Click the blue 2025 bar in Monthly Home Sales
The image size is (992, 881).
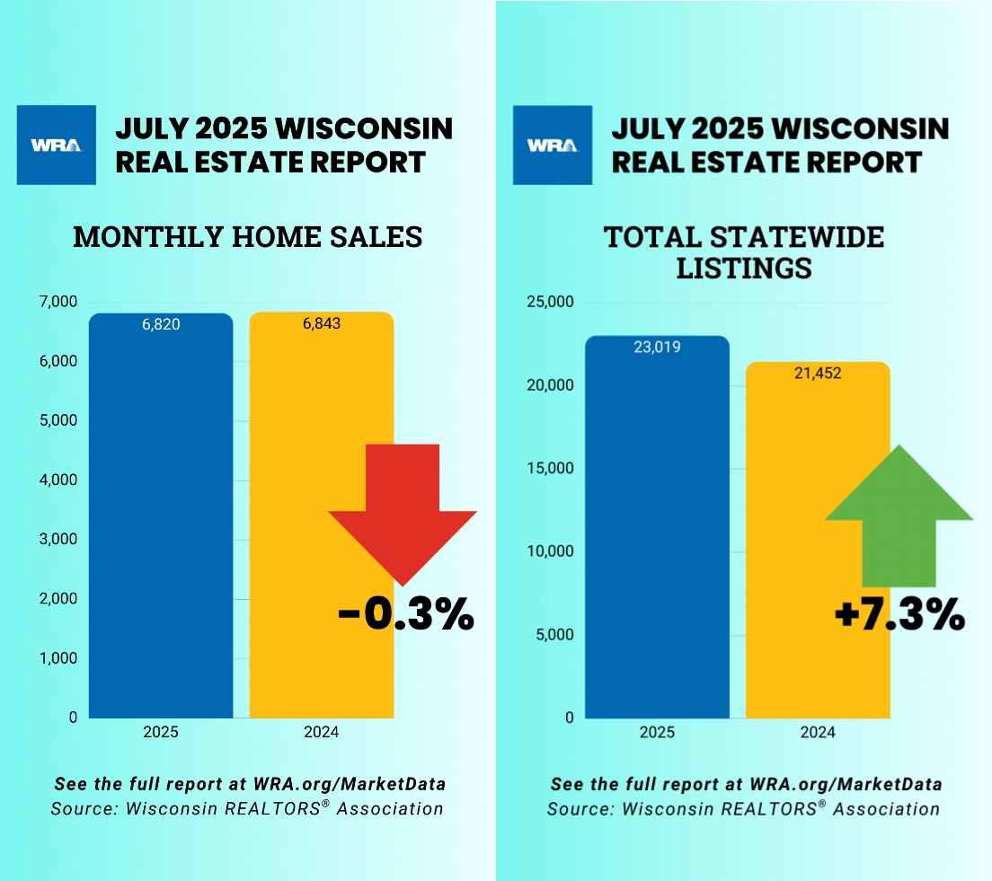click(161, 521)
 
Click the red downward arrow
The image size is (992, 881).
click(403, 512)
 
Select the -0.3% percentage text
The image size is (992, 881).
click(405, 616)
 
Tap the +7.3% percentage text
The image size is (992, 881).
click(899, 616)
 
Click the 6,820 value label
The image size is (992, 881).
click(161, 324)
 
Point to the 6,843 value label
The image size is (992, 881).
click(322, 323)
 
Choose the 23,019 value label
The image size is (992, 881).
click(657, 347)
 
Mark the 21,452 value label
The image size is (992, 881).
click(818, 373)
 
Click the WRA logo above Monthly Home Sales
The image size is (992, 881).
click(57, 145)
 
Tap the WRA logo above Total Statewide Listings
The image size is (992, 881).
click(553, 145)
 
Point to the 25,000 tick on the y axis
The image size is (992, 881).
click(548, 302)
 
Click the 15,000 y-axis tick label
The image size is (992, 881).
click(548, 468)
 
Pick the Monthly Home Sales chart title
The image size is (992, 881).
click(247, 236)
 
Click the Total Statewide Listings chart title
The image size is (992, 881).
click(744, 252)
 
